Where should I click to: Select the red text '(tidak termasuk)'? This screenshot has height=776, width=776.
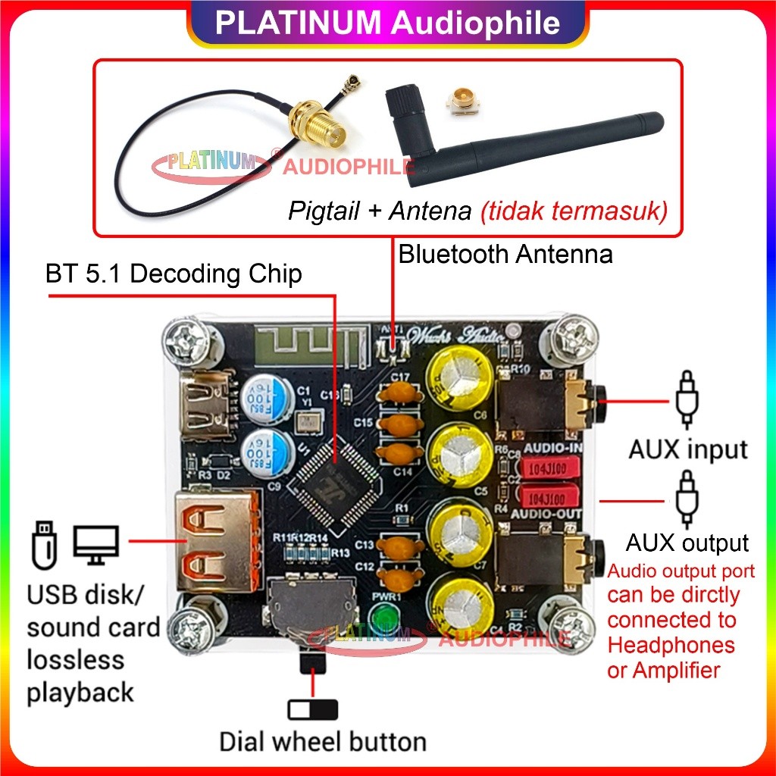click(574, 211)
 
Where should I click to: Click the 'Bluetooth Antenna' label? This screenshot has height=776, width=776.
click(505, 254)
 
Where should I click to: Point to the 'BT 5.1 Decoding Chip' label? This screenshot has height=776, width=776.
click(174, 274)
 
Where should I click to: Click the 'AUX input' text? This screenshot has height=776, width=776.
click(687, 449)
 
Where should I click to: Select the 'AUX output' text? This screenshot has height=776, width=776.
click(687, 543)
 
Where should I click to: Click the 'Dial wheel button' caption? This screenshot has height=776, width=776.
click(323, 740)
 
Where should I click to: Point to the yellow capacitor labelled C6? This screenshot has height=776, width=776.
click(456, 380)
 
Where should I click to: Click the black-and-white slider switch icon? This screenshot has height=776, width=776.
click(312, 710)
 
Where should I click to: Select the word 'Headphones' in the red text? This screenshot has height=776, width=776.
click(671, 645)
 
